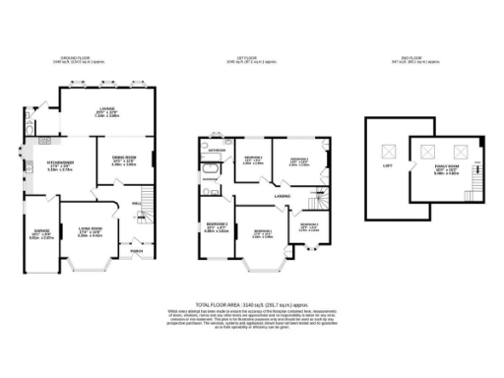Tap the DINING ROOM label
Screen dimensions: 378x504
[122, 157]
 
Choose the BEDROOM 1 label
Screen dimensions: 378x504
[297, 158]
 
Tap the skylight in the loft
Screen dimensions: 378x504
[387, 151]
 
